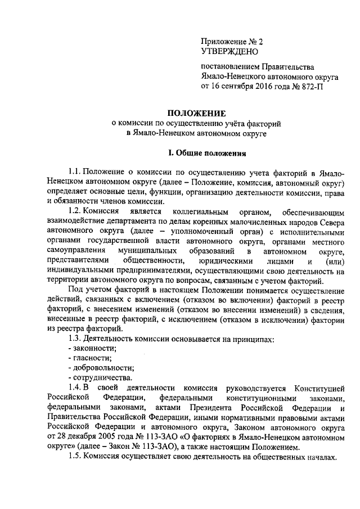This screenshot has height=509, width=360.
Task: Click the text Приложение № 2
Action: [232, 42]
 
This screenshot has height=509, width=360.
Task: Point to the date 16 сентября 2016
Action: [242, 87]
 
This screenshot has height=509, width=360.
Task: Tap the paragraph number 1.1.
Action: [74, 172]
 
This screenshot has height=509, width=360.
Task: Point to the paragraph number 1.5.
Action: [74, 457]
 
